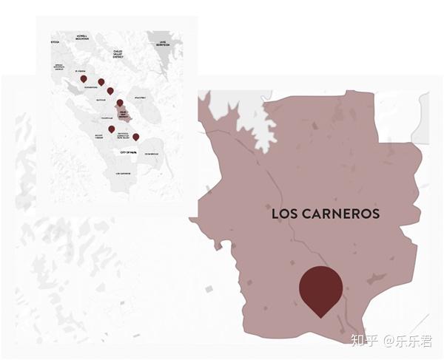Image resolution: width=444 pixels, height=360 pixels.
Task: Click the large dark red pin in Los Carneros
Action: tap(320, 289)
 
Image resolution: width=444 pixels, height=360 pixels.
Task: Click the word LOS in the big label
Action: tap(285, 214)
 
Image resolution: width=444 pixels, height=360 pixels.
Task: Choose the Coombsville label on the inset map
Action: tap(150, 153)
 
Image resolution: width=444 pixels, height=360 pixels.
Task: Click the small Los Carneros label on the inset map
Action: tap(123, 173)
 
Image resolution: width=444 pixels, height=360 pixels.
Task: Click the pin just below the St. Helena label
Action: tap(84, 78)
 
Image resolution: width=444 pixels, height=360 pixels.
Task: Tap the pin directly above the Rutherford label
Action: tap(101, 82)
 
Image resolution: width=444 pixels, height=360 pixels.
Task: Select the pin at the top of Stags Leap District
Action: tap(119, 103)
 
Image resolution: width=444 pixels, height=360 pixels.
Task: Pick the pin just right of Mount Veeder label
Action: tap(111, 129)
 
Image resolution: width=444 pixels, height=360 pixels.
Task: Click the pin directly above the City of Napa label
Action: tap(135, 137)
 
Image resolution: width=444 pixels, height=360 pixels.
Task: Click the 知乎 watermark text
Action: tap(363, 341)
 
